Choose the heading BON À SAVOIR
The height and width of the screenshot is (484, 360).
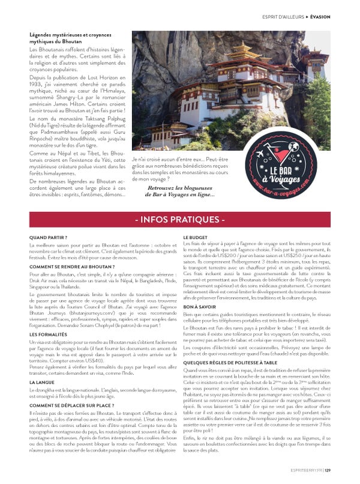199,306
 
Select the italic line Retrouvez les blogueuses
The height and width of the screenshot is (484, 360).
179,188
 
